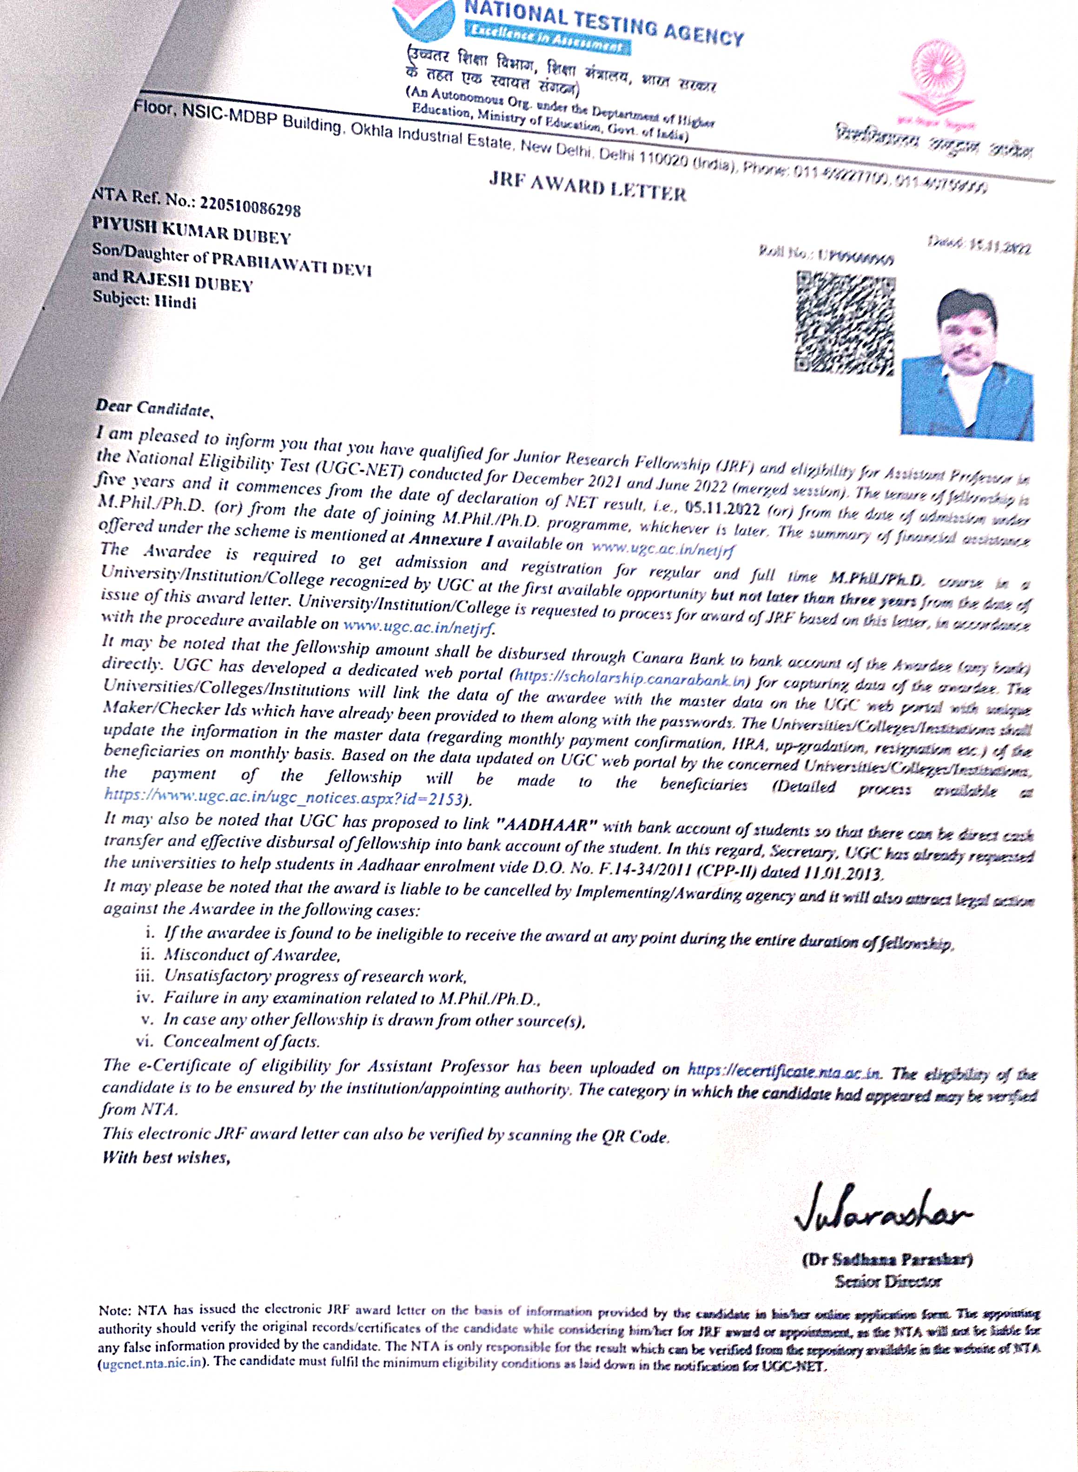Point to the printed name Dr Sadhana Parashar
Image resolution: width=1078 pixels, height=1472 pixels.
[887, 1259]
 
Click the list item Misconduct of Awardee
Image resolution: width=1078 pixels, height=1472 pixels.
[251, 955]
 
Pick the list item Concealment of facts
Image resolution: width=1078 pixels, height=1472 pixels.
[241, 1041]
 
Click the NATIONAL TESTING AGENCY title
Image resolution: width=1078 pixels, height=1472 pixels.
[603, 21]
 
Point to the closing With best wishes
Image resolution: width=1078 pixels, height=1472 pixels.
[166, 1157]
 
